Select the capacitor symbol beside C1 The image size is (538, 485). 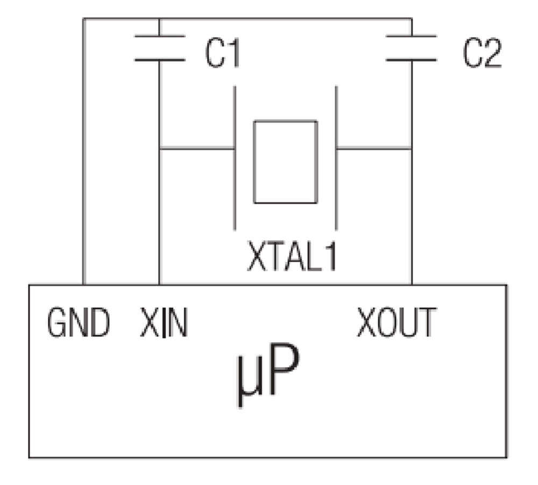(159, 48)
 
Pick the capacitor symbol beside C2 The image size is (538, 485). (412, 48)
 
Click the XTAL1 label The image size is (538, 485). (292, 257)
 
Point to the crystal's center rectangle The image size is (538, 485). (285, 162)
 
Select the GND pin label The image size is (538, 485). (79, 324)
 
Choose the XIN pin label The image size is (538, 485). (164, 324)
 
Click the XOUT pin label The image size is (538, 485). (396, 324)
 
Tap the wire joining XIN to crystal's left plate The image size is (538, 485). (197, 148)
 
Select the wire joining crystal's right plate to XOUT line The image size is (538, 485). (374, 148)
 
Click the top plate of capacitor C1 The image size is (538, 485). (159, 36)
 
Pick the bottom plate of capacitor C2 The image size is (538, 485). (412, 59)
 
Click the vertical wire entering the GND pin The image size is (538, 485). (83, 161)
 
